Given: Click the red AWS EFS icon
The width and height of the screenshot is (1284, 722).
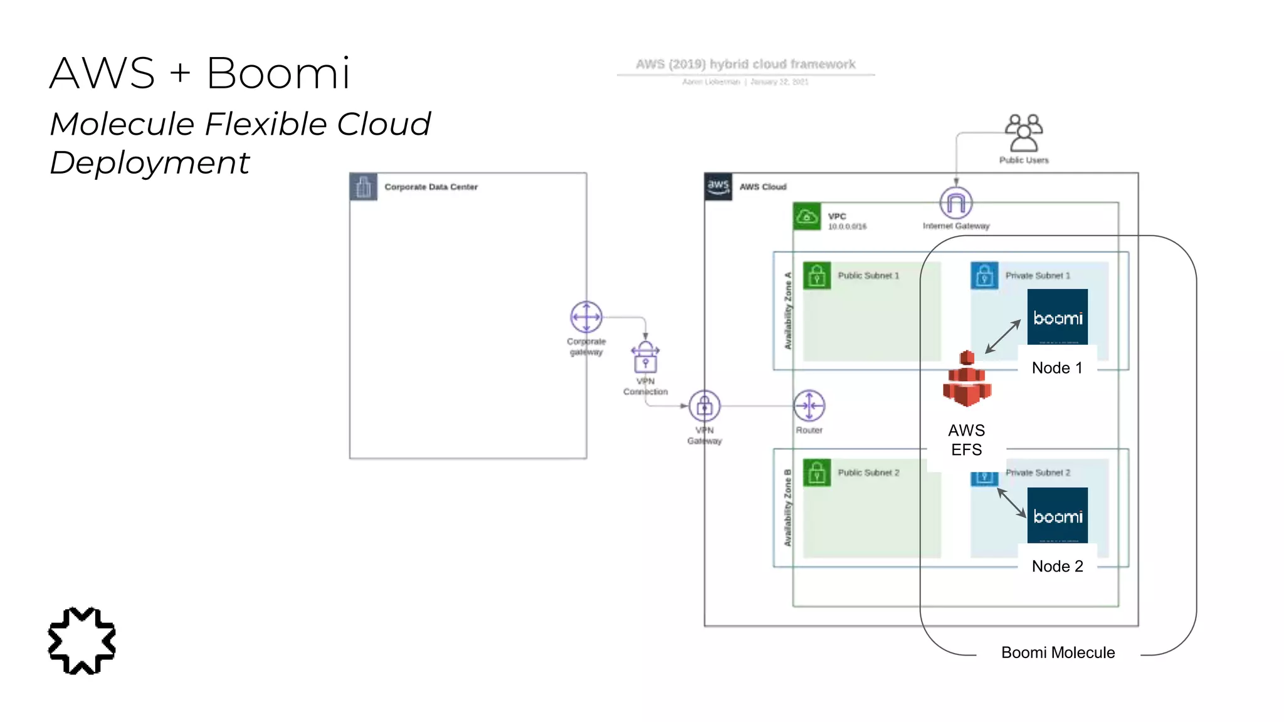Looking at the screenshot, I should pyautogui.click(x=967, y=379).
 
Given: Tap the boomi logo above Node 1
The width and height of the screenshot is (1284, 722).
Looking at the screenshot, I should pyautogui.click(x=1057, y=317).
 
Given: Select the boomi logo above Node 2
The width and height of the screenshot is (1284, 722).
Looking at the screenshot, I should pyautogui.click(x=1057, y=515).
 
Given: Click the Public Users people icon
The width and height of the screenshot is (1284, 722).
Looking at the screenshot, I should pyautogui.click(x=1023, y=133).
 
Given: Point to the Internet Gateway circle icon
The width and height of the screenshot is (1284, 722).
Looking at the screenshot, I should pyautogui.click(x=955, y=202).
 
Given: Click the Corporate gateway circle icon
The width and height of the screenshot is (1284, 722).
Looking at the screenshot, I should pyautogui.click(x=586, y=317).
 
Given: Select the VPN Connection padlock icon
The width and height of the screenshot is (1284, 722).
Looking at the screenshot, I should pyautogui.click(x=645, y=358).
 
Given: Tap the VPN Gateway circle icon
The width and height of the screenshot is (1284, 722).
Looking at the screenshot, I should pyautogui.click(x=705, y=406).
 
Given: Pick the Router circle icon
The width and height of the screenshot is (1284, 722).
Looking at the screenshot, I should pyautogui.click(x=809, y=406).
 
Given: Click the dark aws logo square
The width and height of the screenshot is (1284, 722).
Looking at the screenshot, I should pyautogui.click(x=718, y=186).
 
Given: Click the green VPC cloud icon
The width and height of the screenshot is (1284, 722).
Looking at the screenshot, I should pyautogui.click(x=807, y=216).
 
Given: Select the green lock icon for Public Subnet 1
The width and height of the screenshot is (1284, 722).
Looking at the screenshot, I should pyautogui.click(x=817, y=275).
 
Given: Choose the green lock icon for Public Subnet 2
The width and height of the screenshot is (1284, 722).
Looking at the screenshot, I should pyautogui.click(x=817, y=473).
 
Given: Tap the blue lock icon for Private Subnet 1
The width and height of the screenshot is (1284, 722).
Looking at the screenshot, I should pyautogui.click(x=984, y=275).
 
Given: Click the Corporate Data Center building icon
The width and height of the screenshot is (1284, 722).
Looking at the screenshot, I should pyautogui.click(x=364, y=187).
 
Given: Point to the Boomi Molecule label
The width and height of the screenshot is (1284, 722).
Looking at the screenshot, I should pyautogui.click(x=1058, y=652).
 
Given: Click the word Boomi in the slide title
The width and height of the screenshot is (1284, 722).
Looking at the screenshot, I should pyautogui.click(x=278, y=73).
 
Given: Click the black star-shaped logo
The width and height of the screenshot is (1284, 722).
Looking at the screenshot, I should pyautogui.click(x=82, y=641).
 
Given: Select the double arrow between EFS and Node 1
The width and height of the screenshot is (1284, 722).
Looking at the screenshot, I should pyautogui.click(x=1003, y=337).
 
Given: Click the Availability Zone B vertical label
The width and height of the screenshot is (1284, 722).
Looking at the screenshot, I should pyautogui.click(x=787, y=508).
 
